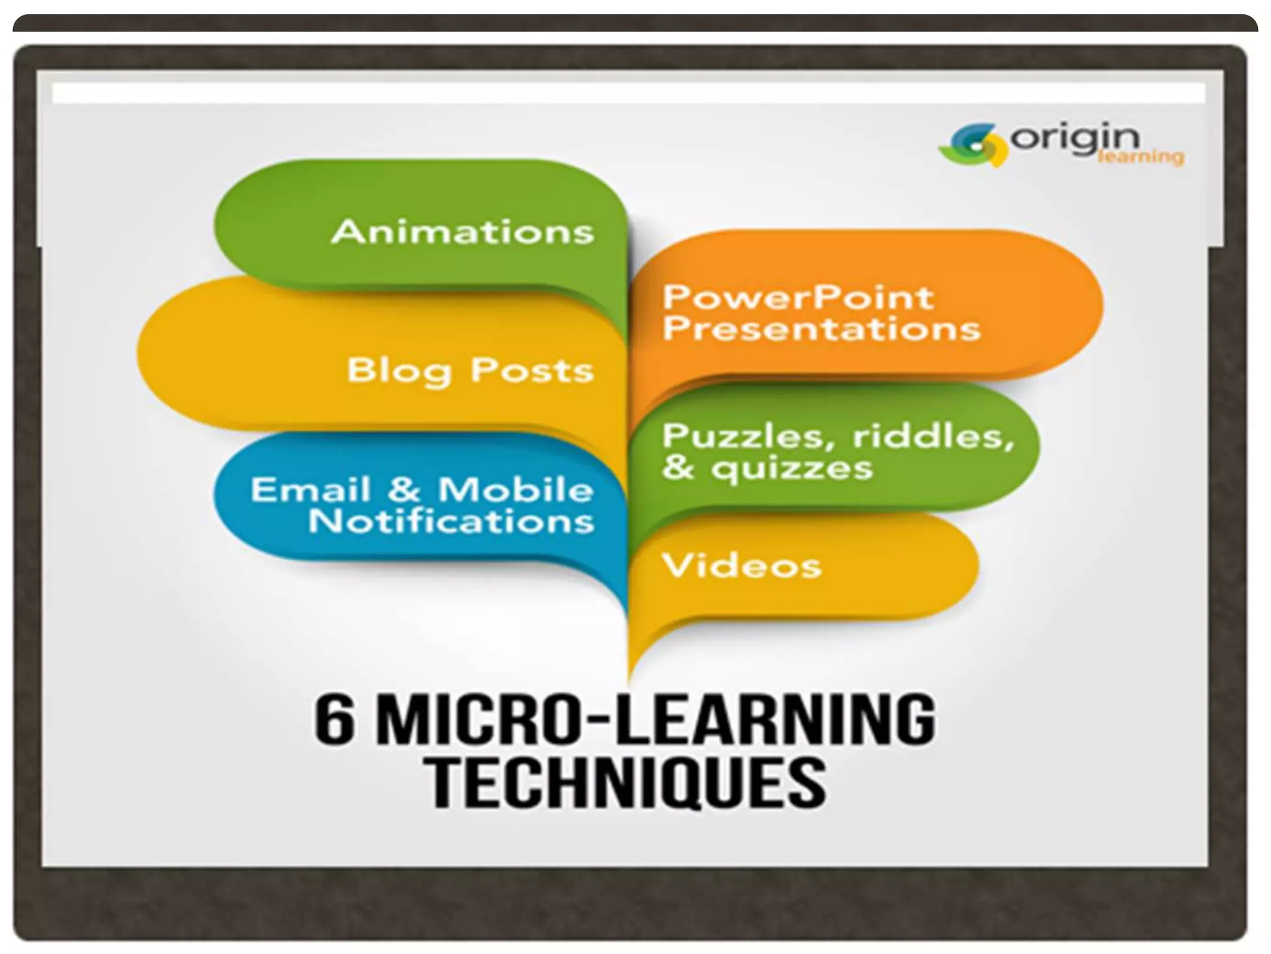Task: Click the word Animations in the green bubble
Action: pos(463,232)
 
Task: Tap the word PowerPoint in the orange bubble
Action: pos(798,298)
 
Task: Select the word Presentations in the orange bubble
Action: pos(822,329)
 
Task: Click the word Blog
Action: pos(398,371)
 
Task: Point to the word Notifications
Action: pos(451,520)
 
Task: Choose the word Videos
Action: pos(742,566)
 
